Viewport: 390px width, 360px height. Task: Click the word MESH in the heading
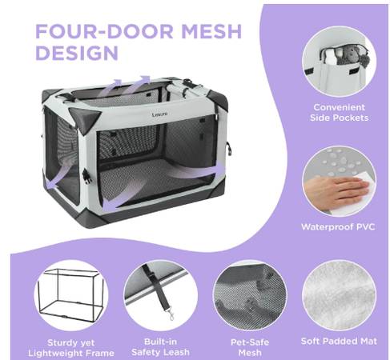click(x=211, y=31)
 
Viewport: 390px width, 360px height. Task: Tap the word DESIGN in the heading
click(x=77, y=53)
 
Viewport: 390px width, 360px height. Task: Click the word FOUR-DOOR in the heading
click(x=104, y=31)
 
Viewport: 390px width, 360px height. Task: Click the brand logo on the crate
click(x=160, y=114)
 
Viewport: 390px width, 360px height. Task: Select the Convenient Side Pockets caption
click(x=339, y=112)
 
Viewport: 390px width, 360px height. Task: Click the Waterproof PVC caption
click(x=338, y=227)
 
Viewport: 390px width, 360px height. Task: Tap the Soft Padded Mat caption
click(x=339, y=341)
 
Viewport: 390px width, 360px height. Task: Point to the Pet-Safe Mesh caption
click(x=250, y=347)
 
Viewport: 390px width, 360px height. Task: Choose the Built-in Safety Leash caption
click(x=160, y=347)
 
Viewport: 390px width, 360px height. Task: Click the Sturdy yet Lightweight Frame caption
click(x=71, y=348)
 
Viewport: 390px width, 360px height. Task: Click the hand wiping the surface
click(x=336, y=191)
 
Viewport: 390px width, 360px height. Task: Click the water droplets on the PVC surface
click(x=339, y=162)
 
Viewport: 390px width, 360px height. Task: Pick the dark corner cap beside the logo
click(x=85, y=118)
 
